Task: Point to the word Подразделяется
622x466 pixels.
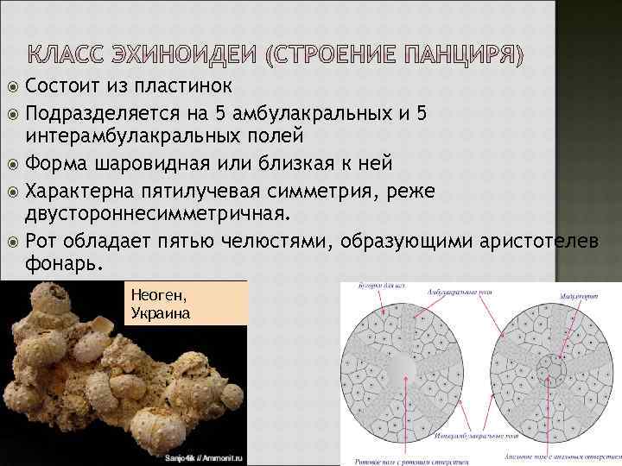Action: coord(101,114)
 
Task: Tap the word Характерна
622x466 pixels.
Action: coord(84,191)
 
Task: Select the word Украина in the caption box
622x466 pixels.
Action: coord(160,312)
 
